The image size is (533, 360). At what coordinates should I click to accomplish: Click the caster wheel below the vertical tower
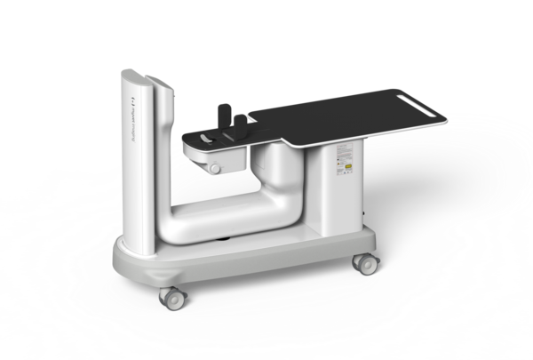click(171, 297)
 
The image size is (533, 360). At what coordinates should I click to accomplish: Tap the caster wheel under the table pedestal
click(363, 263)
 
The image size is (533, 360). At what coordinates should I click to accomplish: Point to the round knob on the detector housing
click(214, 168)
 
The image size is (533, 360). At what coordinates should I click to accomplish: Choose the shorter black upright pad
click(239, 122)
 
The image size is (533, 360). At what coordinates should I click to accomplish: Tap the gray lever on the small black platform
click(206, 139)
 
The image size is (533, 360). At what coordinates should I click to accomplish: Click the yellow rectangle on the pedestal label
click(348, 165)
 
